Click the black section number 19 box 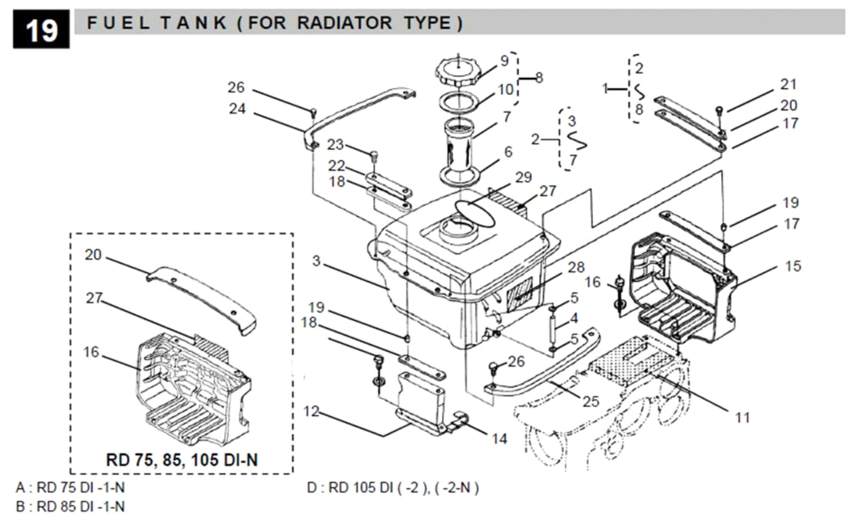click(x=41, y=30)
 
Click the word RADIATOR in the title click(x=344, y=23)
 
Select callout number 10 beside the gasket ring click(x=506, y=90)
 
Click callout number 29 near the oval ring click(x=524, y=177)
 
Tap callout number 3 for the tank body click(x=316, y=261)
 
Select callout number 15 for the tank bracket click(x=793, y=266)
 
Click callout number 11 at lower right click(x=742, y=417)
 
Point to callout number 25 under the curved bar click(x=590, y=401)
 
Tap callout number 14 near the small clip click(x=499, y=439)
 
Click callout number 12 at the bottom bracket click(x=311, y=412)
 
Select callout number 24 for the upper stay click(x=237, y=109)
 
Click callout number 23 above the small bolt click(x=335, y=145)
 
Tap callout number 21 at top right click(x=788, y=84)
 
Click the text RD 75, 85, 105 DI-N click(x=181, y=459)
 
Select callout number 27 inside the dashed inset click(x=94, y=298)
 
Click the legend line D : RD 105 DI click(x=393, y=487)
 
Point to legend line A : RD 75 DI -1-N click(x=70, y=487)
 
